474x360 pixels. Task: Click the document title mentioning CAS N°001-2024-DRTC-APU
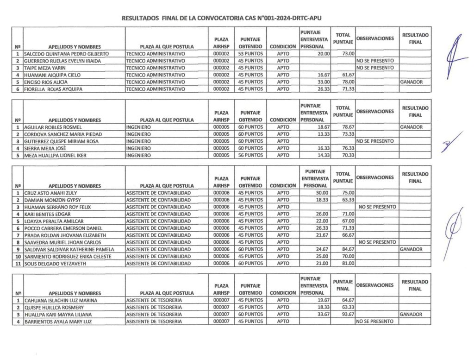(221, 19)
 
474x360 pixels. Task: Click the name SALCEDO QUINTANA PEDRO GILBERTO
(66, 54)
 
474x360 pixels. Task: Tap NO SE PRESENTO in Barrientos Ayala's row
(374, 321)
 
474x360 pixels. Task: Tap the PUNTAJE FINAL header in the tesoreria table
(343, 284)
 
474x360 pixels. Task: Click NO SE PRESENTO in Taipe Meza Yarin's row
(374, 68)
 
